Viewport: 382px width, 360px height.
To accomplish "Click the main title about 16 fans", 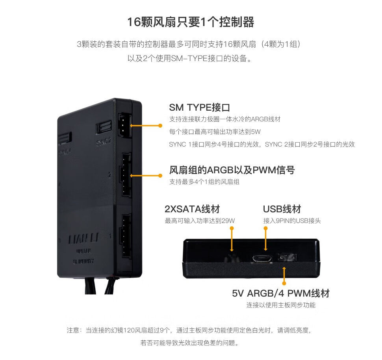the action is [x=191, y=22].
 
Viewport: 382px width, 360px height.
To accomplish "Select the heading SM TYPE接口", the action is [x=199, y=108].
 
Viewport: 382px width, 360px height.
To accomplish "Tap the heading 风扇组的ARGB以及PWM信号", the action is [x=232, y=170].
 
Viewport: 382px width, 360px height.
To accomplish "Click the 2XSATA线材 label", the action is [x=192, y=209].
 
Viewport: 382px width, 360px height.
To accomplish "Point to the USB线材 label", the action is [x=282, y=209].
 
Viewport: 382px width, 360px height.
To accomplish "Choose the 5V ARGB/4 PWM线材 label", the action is [x=280, y=293].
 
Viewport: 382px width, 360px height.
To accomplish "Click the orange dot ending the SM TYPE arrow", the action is [x=160, y=126].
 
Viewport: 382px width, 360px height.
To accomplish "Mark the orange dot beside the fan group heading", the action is [x=160, y=176].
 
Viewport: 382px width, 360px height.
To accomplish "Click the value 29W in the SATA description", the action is [x=228, y=221].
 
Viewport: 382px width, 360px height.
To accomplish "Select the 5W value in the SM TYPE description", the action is [x=256, y=132].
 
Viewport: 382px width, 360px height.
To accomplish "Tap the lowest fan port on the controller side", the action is [x=125, y=235].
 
